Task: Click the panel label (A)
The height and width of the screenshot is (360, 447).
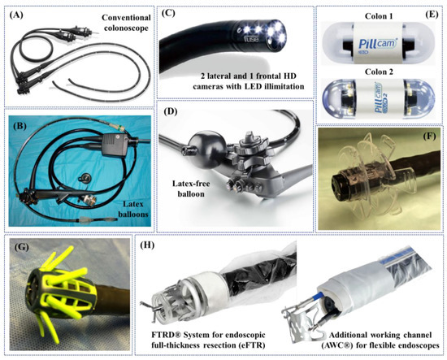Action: [x=16, y=13]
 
